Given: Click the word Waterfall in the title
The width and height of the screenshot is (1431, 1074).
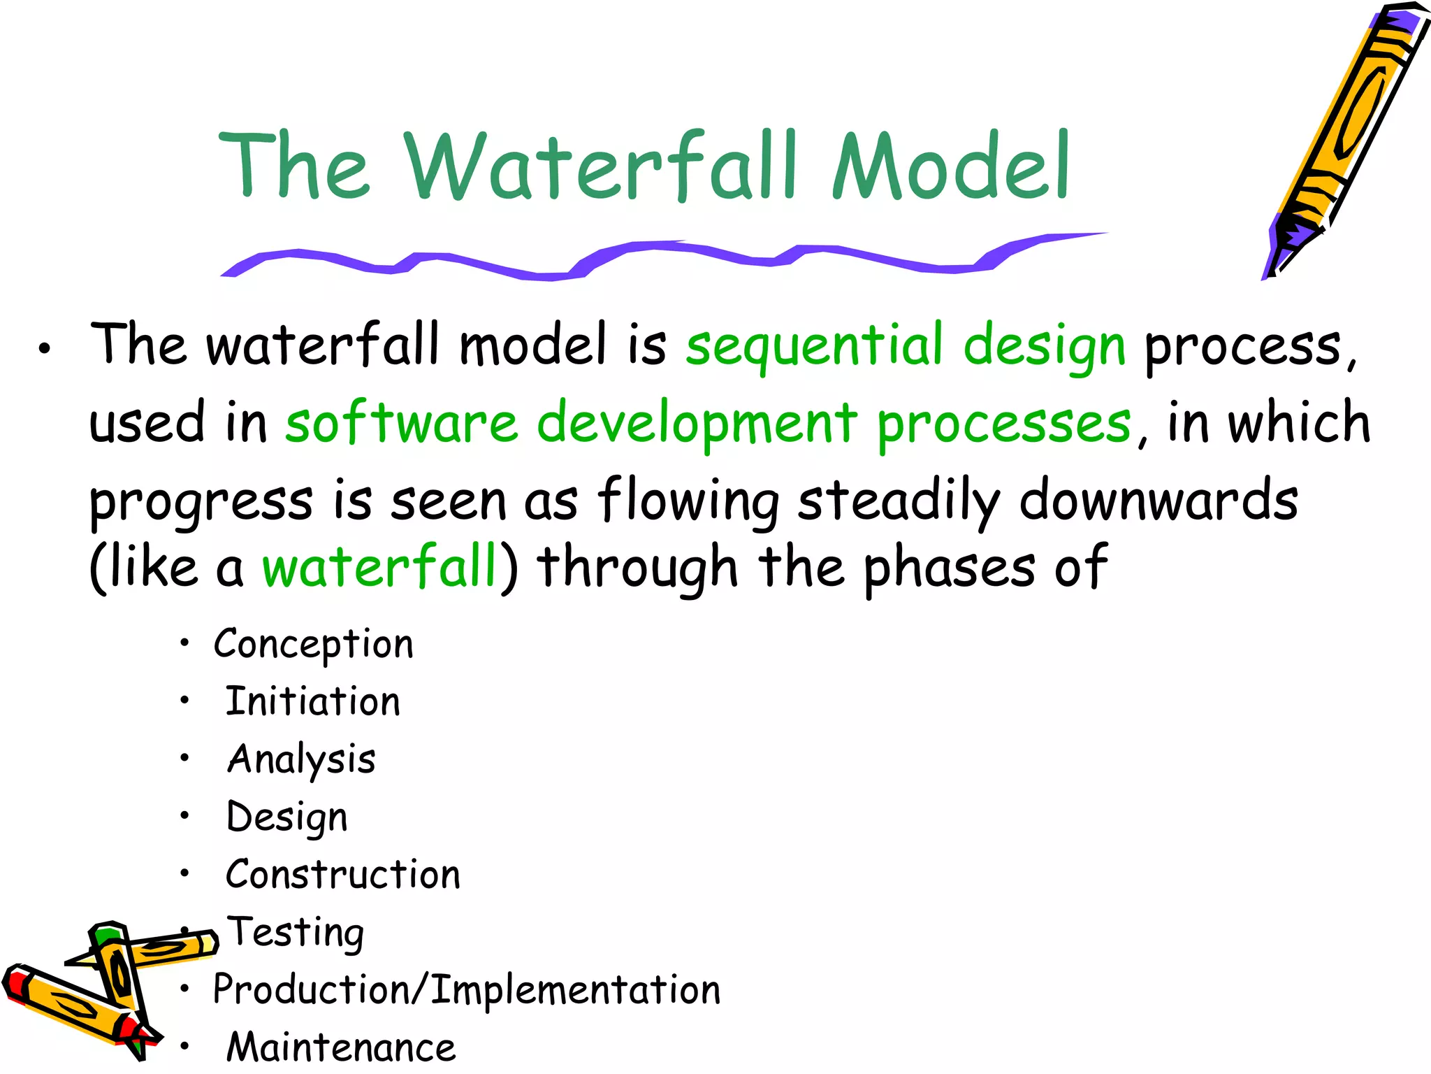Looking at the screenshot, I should click(601, 166).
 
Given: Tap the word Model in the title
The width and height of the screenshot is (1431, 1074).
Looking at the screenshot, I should click(950, 166).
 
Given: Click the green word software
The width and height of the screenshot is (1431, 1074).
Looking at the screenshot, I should click(402, 424).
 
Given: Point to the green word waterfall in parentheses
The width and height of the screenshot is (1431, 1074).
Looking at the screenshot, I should click(379, 567).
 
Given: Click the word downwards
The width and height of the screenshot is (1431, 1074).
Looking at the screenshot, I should click(1158, 501).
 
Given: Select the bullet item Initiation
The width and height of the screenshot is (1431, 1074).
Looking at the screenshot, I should click(312, 702).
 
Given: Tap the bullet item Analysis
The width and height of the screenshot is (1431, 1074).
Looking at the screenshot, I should click(302, 760).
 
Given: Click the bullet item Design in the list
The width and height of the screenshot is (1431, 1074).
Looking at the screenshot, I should click(287, 817).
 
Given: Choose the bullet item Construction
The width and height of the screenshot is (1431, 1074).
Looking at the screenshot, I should click(343, 875).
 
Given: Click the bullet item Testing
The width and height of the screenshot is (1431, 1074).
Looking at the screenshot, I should click(296, 933).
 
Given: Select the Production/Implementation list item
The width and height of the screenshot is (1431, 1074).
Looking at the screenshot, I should click(466, 990).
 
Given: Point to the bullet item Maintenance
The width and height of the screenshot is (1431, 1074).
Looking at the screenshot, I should click(341, 1047).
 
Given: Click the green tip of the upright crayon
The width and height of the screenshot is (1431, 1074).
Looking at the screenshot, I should click(107, 936).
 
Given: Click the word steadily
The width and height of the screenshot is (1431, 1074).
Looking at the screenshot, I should click(899, 501).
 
